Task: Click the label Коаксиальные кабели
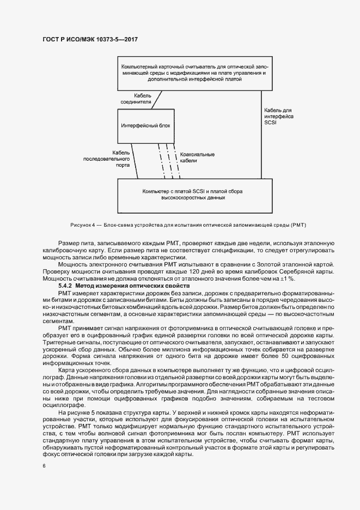[197, 158]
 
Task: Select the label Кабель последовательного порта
[107, 159]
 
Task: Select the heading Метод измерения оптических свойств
[132, 286]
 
